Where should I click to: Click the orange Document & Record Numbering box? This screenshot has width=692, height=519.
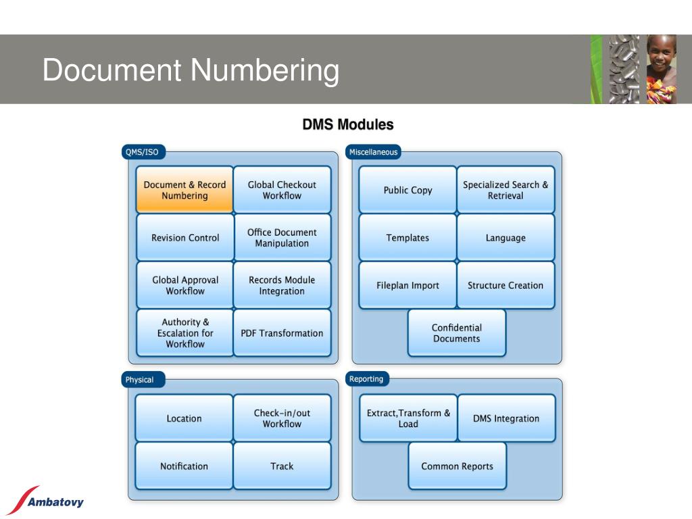click(x=184, y=190)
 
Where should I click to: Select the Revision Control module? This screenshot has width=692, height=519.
click(x=185, y=237)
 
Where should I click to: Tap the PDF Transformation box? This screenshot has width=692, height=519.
click(x=282, y=332)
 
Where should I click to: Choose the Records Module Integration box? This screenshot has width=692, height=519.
click(x=282, y=285)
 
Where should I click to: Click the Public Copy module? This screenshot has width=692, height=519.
click(x=407, y=190)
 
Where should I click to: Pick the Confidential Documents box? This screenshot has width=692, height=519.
click(x=457, y=332)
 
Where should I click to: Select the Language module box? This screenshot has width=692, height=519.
click(x=505, y=237)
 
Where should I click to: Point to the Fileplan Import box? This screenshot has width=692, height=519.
click(x=407, y=285)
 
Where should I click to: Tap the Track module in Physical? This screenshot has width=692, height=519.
click(x=282, y=466)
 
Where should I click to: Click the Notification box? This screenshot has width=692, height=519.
click(x=184, y=466)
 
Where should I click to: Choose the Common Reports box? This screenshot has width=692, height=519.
click(x=458, y=466)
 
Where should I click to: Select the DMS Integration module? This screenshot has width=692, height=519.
click(x=506, y=418)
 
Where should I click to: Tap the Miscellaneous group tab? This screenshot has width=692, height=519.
click(x=373, y=152)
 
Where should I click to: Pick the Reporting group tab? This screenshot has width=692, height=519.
click(x=367, y=378)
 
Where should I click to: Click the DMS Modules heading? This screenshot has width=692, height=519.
click(x=348, y=124)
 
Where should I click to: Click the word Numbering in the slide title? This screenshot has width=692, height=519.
click(x=265, y=70)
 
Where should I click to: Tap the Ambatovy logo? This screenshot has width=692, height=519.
click(x=47, y=501)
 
